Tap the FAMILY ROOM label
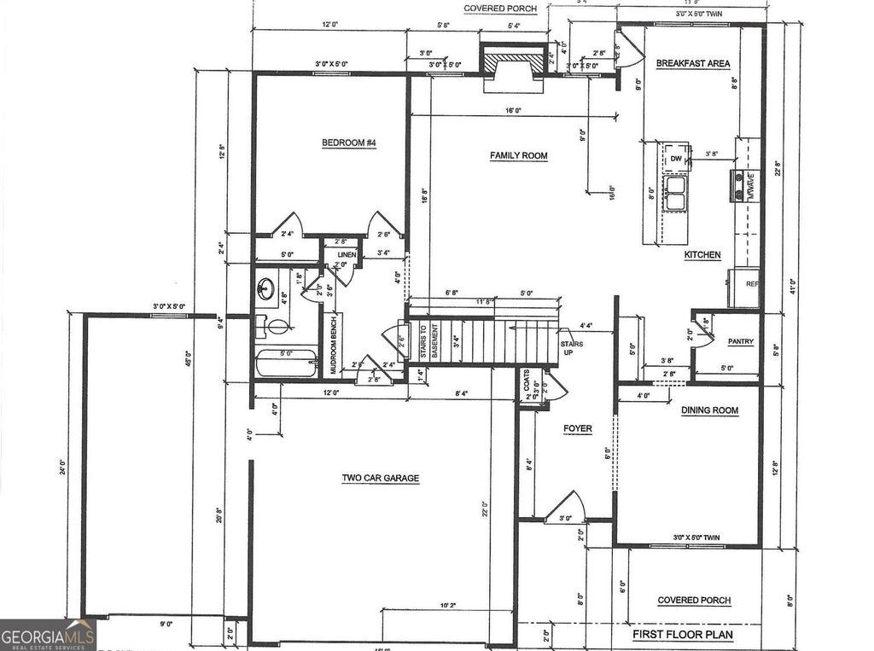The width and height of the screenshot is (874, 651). coord(518,155)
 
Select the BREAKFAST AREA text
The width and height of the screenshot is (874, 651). coord(692,63)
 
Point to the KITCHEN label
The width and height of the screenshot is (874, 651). coord(702,254)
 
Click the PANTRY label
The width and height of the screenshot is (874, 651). coord(740,341)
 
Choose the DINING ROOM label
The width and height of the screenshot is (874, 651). coord(709,410)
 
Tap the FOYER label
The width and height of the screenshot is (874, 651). coord(577,428)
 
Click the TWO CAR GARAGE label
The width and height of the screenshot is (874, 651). coord(380,478)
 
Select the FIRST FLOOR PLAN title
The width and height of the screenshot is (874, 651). coord(682,635)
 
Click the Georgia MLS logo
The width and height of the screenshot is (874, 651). coord(48,635)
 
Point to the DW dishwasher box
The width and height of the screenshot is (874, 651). coord(675,159)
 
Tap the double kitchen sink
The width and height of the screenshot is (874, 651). coord(677,192)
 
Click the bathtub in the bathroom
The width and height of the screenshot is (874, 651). coord(286,364)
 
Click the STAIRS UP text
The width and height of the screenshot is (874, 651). coord(572,347)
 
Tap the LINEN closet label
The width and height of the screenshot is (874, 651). coord(346,255)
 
